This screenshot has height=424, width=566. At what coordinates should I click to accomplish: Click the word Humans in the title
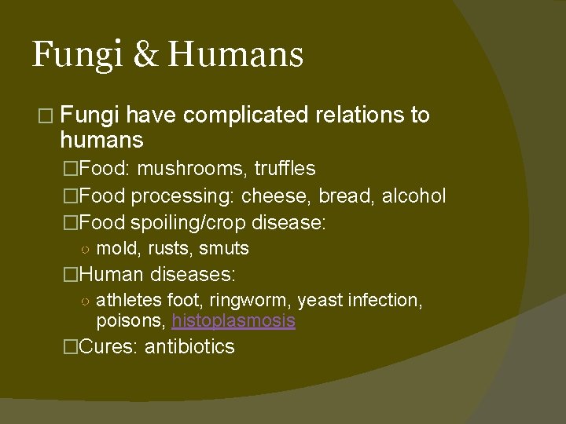pyautogui.click(x=235, y=55)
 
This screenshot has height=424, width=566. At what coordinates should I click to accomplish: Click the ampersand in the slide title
pyautogui.click(x=145, y=55)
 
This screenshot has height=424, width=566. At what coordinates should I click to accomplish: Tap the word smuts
pyautogui.click(x=224, y=249)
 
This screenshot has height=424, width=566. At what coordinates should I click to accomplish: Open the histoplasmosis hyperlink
pyautogui.click(x=233, y=320)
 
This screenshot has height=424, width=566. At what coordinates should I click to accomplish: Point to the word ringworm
pyautogui.click(x=254, y=301)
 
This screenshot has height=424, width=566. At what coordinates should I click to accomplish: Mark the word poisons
pyautogui.click(x=130, y=320)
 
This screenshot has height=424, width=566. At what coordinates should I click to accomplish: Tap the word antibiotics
pyautogui.click(x=189, y=347)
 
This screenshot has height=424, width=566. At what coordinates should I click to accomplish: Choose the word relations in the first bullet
pyautogui.click(x=360, y=115)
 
